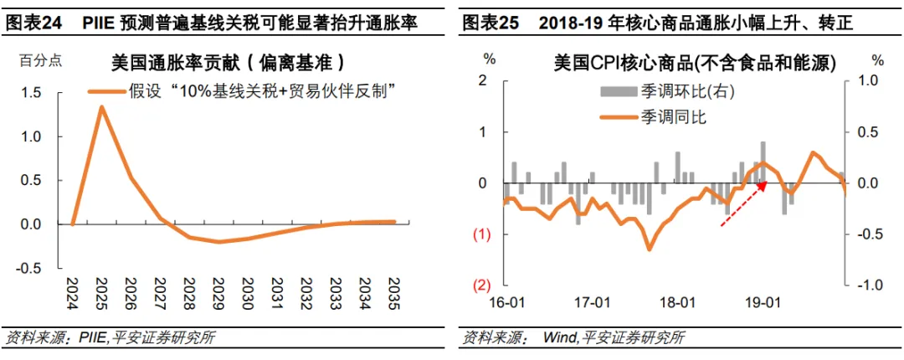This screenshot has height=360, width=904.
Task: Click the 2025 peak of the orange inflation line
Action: click(x=101, y=107)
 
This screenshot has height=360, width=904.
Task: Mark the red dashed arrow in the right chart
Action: click(x=744, y=203)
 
